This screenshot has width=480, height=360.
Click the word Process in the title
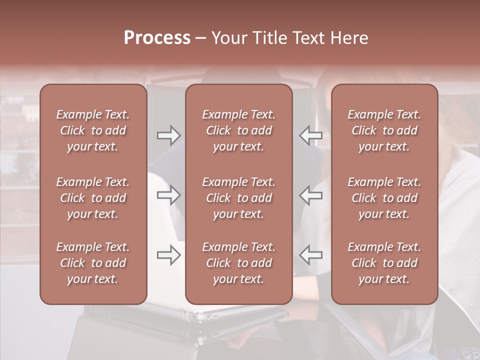point(157,38)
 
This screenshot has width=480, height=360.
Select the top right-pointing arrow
point(168,135)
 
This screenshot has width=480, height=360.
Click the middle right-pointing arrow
point(168,195)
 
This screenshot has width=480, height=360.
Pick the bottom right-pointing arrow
point(168,255)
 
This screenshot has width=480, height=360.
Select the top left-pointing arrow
point(311,135)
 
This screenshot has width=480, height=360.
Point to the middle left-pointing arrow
point(311,195)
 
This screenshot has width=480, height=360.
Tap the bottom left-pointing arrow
point(311,255)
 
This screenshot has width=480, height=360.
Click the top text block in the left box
point(93,130)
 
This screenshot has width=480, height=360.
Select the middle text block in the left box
point(93,198)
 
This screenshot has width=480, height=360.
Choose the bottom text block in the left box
point(93,263)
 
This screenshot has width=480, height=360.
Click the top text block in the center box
point(238,130)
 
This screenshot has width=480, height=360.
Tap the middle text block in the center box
point(238,198)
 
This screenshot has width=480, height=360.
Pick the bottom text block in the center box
point(238,263)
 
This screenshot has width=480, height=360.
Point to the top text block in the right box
point(384,130)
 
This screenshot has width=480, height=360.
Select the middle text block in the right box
point(384,198)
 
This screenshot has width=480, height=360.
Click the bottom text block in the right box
point(384,263)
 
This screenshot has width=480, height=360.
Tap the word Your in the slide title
point(228,38)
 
